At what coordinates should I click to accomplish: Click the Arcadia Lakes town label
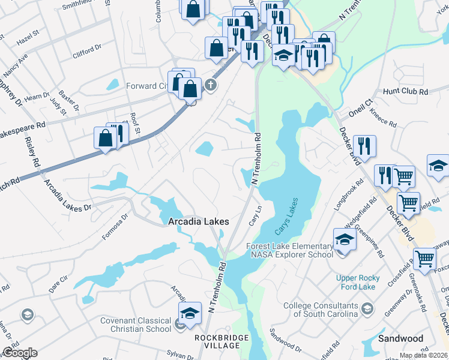click(198, 221)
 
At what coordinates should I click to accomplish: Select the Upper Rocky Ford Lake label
click(339, 282)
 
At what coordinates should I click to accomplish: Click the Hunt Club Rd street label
click(405, 92)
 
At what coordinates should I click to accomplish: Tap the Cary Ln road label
click(256, 215)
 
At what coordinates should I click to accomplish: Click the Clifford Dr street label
click(88, 54)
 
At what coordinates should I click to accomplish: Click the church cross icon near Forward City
click(210, 85)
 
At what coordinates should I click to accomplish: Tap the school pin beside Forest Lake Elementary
click(345, 240)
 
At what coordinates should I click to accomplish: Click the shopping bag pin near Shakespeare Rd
click(105, 139)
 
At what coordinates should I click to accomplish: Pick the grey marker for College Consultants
click(367, 310)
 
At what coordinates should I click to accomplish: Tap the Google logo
click(20, 353)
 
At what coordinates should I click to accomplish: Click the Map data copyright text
click(423, 355)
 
